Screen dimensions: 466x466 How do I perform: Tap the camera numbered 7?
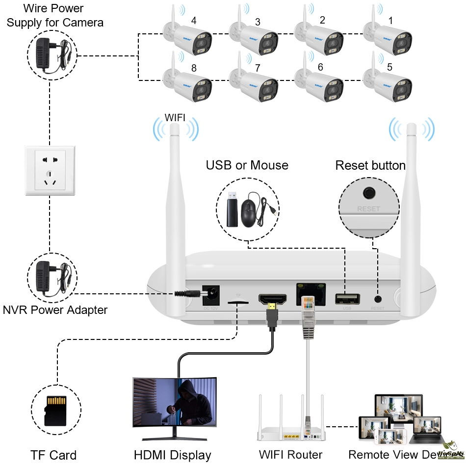pos(255,83)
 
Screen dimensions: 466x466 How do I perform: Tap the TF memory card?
pos(55,410)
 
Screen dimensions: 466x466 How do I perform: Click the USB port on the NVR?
pos(347,298)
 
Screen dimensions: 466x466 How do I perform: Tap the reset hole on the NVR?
pos(378,298)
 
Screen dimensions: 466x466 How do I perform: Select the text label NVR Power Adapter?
pos(55,310)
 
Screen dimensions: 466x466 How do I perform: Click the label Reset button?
pos(370,165)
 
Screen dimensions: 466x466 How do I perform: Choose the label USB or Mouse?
pos(247,165)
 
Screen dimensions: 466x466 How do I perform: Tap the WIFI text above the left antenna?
pos(175,118)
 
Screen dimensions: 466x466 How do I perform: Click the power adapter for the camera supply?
pos(51,54)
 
